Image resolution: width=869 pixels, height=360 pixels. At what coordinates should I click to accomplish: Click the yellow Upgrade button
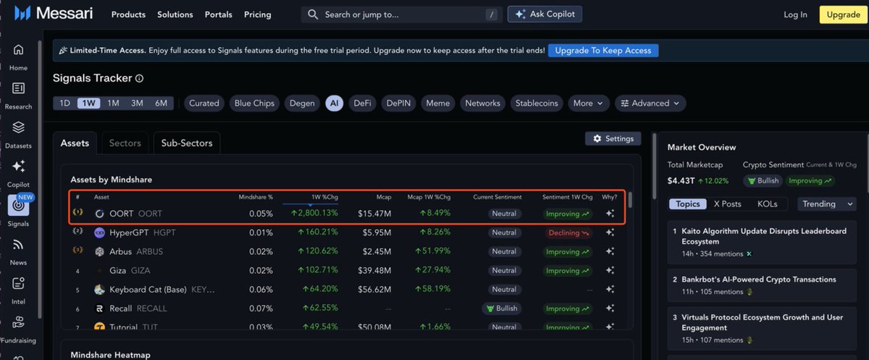click(x=843, y=14)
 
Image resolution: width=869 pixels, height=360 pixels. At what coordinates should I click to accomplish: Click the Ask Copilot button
click(x=545, y=14)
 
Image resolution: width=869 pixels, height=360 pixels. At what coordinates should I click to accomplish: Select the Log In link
click(x=795, y=14)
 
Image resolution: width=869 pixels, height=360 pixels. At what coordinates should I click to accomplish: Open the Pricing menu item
click(x=258, y=14)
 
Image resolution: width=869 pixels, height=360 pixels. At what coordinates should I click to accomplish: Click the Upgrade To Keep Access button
click(x=603, y=51)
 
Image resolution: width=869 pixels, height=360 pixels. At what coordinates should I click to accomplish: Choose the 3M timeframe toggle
click(x=137, y=104)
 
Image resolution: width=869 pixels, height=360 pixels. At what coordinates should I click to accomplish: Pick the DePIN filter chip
click(x=398, y=104)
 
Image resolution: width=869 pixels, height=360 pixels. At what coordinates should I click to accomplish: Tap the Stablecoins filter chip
click(x=537, y=104)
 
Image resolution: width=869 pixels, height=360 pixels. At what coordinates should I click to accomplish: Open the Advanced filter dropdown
click(x=650, y=104)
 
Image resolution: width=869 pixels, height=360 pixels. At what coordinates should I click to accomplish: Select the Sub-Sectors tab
click(x=187, y=143)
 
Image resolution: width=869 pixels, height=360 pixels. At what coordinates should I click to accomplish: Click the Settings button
click(x=613, y=138)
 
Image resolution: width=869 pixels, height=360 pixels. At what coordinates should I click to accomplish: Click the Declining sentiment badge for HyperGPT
click(x=568, y=233)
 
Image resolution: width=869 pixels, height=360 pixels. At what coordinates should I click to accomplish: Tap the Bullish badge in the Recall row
click(x=502, y=309)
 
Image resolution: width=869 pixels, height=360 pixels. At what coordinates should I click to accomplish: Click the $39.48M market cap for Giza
click(x=374, y=271)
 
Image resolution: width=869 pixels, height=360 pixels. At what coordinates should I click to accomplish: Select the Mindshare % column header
click(x=256, y=197)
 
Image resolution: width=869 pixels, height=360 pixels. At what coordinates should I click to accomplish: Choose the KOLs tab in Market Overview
click(x=767, y=204)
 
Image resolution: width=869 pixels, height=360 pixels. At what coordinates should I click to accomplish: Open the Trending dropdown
click(x=828, y=204)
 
